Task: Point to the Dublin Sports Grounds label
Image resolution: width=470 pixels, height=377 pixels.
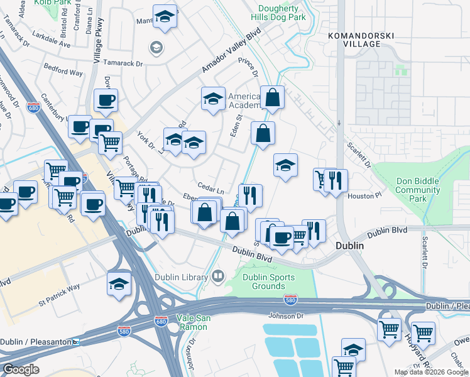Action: point(264,281)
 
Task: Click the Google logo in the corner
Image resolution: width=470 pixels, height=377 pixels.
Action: point(21,369)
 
